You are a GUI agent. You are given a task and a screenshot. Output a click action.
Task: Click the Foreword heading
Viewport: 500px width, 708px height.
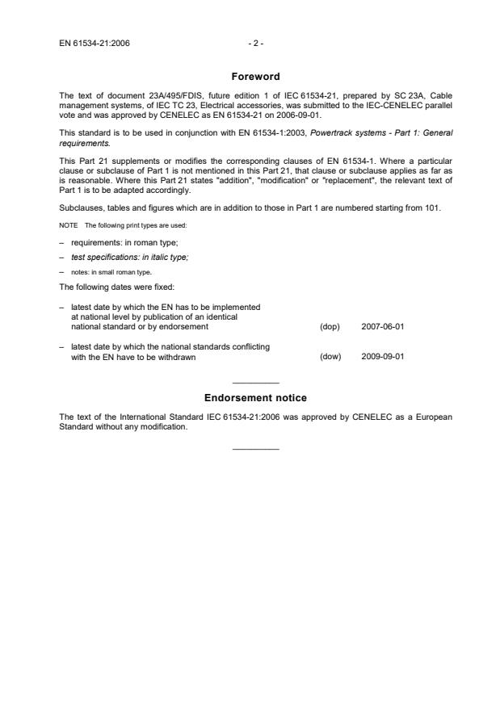(x=254, y=77)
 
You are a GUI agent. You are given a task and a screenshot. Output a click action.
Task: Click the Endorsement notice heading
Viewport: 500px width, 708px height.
(x=255, y=398)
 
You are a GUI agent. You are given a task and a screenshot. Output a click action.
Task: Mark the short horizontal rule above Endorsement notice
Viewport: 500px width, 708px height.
(x=254, y=382)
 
